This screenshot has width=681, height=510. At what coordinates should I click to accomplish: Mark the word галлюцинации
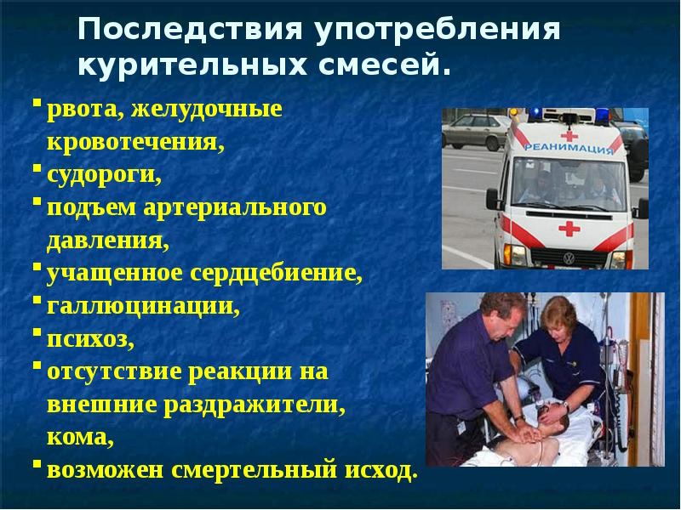[x=143, y=307]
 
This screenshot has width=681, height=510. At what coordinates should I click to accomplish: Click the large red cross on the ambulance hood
[x=568, y=228]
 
